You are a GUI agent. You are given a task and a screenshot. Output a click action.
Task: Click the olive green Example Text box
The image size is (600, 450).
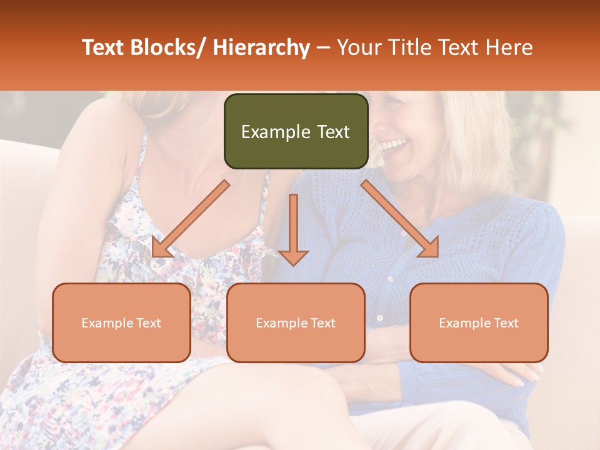[x=296, y=131]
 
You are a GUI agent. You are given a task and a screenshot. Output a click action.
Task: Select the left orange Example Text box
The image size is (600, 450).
[x=121, y=322]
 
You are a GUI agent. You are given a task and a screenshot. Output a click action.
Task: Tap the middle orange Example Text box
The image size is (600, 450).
[x=296, y=322]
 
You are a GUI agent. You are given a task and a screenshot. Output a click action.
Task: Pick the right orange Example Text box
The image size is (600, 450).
[x=479, y=322]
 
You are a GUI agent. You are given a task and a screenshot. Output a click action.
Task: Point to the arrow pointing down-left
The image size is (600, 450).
[x=191, y=219]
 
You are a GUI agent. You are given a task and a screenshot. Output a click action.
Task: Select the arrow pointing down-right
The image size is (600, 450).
[x=400, y=219]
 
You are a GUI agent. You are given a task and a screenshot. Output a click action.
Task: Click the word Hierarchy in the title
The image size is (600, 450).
[x=261, y=47]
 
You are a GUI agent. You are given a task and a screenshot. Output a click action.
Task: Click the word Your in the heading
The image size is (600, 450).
[x=358, y=47]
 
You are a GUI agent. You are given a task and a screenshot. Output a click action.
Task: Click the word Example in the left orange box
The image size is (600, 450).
[x=107, y=322]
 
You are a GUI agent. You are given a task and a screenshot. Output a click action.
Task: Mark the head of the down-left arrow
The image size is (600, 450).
[x=161, y=248]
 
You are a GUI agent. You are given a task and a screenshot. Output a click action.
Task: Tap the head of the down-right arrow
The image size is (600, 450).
[x=429, y=248]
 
